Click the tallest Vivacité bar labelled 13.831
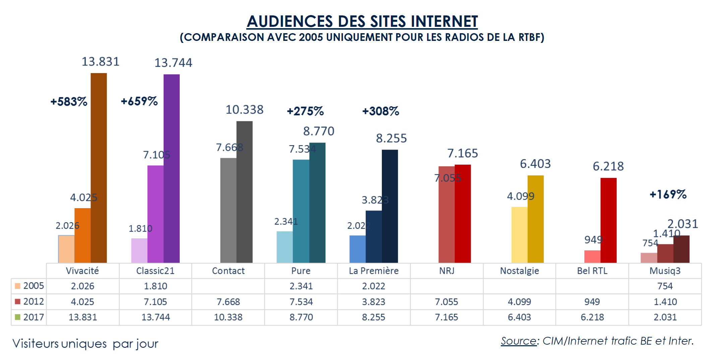pyautogui.click(x=99, y=168)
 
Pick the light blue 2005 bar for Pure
pyautogui.click(x=285, y=247)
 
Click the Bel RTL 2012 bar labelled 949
pyautogui.click(x=592, y=256)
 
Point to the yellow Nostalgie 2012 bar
pyautogui.click(x=519, y=235)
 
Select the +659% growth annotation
pyautogui.click(x=139, y=101)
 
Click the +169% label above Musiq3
pyautogui.click(x=668, y=194)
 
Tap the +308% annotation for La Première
pyautogui.click(x=380, y=111)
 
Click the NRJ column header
pyautogui.click(x=446, y=271)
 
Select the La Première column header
pyautogui.click(x=374, y=271)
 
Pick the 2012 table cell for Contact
pyautogui.click(x=228, y=302)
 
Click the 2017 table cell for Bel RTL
pyautogui.click(x=592, y=317)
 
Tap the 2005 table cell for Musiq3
pyautogui.click(x=665, y=286)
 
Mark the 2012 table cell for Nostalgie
pyautogui.click(x=519, y=302)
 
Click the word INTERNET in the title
pyautogui.click(x=444, y=21)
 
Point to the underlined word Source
pyautogui.click(x=519, y=341)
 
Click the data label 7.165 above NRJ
pyautogui.click(x=463, y=153)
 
